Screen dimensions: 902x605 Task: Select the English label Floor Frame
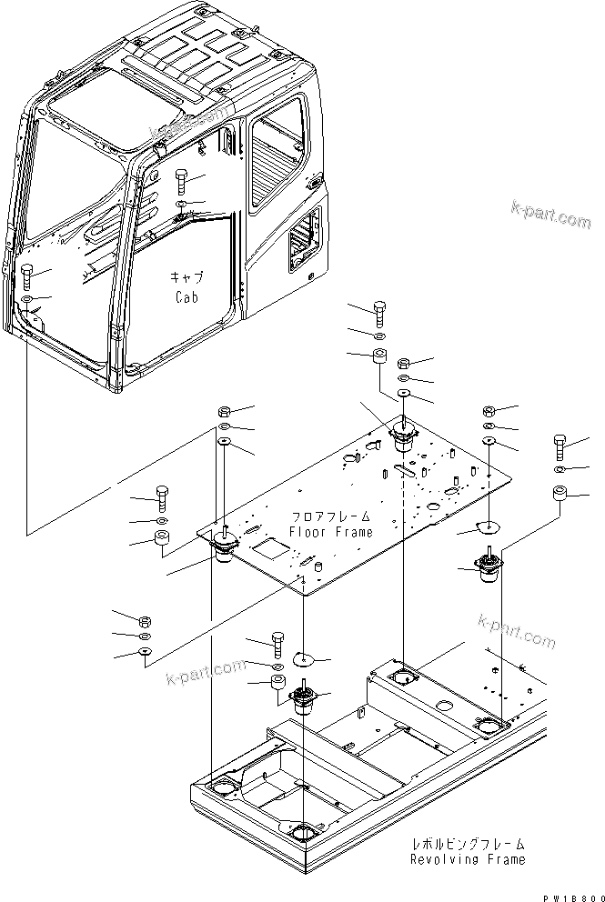pos(331,532)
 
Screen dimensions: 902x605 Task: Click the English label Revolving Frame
pos(467,858)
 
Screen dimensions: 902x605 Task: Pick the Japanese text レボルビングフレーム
pos(467,843)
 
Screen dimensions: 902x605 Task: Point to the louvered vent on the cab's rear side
pos(304,242)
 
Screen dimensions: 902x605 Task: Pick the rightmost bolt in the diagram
pos(560,448)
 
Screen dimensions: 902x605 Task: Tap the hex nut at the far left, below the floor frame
pos(145,621)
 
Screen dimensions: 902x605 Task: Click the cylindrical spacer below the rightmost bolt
pos(560,496)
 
